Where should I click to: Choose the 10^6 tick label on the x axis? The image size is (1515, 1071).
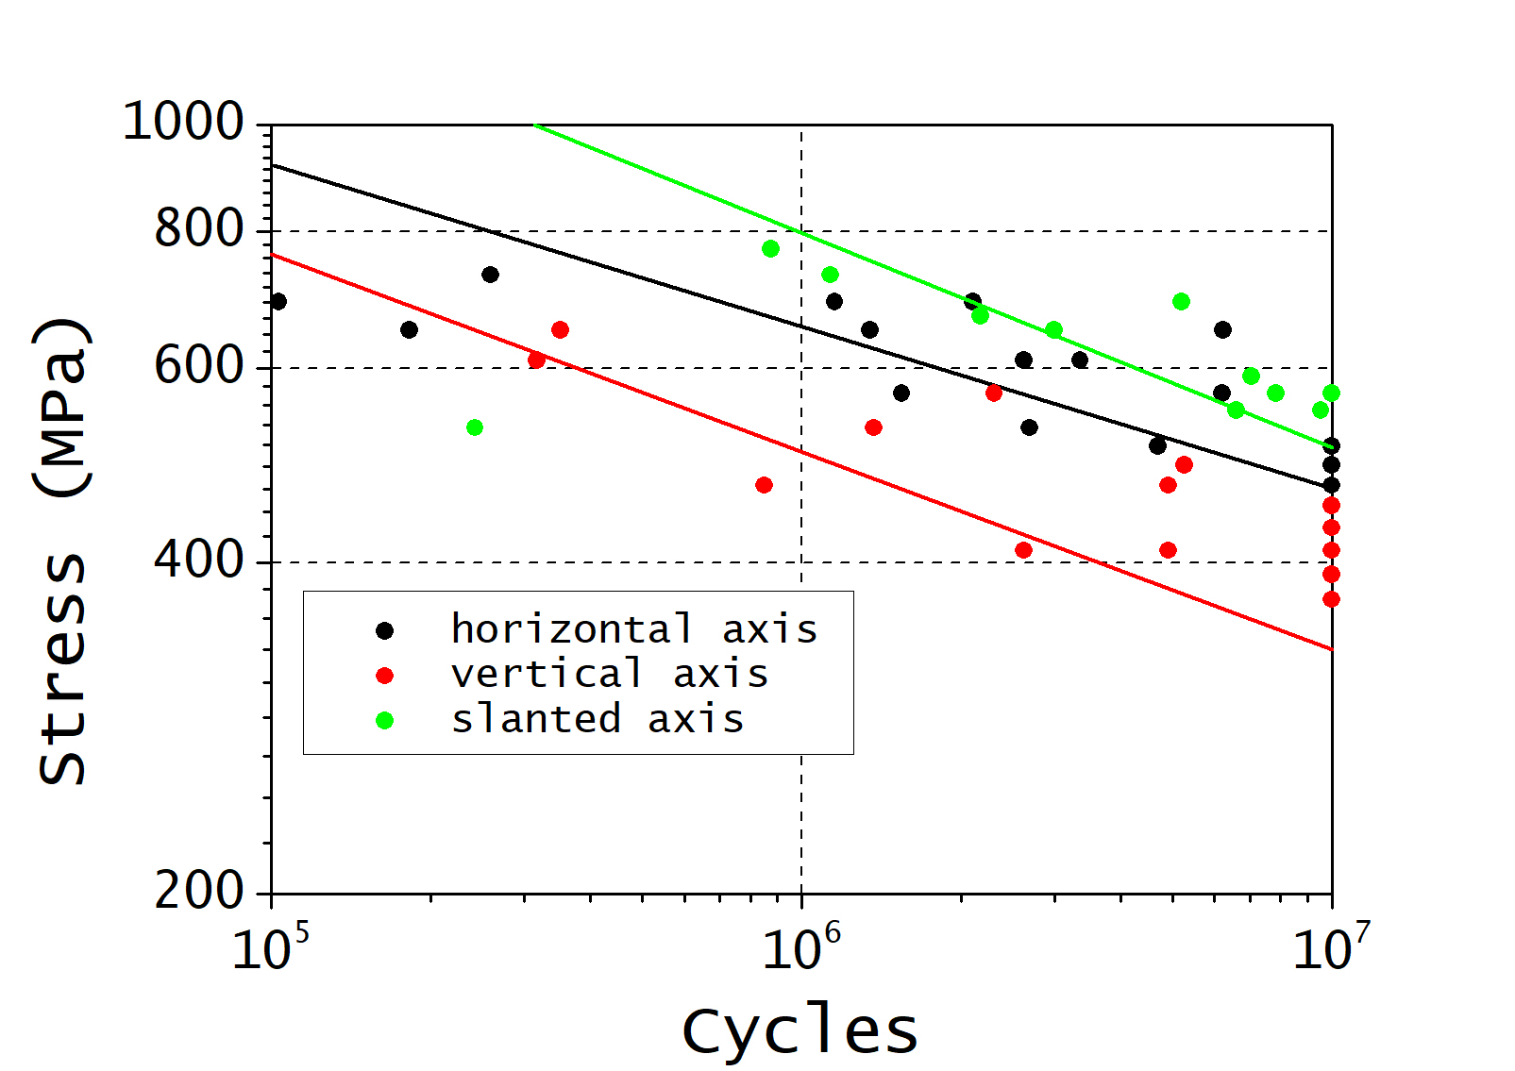coord(800,947)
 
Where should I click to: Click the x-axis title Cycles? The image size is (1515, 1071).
coord(800,1030)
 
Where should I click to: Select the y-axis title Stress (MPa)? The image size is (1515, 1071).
coord(62,550)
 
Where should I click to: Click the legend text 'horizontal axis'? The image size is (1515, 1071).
coord(633,628)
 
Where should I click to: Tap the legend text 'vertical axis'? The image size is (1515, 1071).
coord(610,674)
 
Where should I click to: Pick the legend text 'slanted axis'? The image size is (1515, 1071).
coord(598,719)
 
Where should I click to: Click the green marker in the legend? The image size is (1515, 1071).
coord(384,720)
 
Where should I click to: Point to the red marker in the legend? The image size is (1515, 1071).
coord(384,675)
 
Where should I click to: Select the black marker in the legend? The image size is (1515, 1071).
coord(384,629)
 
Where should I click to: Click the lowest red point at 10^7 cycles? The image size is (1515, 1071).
coord(1331,599)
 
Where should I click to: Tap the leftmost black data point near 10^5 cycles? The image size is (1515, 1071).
coord(278,302)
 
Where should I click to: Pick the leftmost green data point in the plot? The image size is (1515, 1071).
coord(475,427)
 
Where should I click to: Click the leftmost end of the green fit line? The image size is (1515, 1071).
coord(535,125)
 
